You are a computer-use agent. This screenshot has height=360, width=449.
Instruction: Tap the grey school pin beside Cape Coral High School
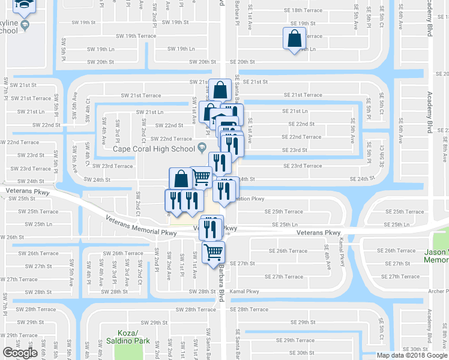coord(202,148)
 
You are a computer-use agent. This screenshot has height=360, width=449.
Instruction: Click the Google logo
coord(20,353)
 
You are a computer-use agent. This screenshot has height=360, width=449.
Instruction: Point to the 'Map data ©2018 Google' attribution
coord(412,355)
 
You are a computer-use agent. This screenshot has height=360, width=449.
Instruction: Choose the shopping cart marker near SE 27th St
coord(212,252)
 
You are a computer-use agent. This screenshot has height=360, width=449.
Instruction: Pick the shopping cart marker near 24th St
coord(202,176)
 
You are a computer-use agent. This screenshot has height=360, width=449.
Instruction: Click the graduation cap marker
coord(25,5)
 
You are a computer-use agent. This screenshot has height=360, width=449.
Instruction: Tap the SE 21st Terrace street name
coord(302,95)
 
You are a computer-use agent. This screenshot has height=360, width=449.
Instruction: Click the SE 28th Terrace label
coord(249,310)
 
